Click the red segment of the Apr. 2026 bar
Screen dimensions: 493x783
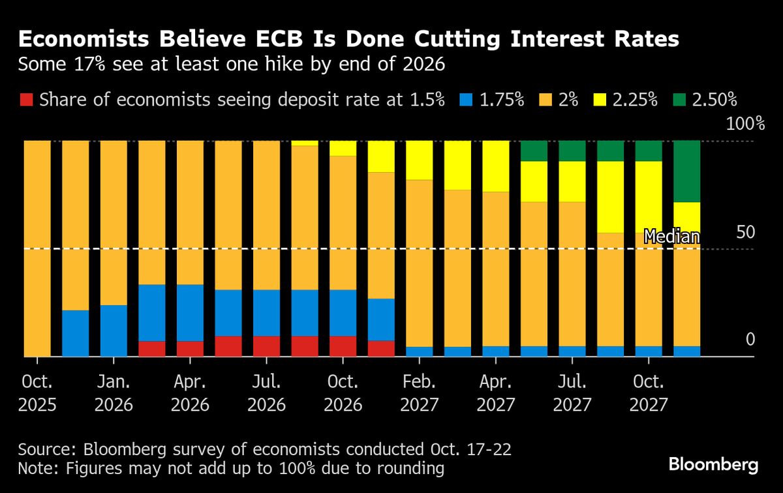pos(190,349)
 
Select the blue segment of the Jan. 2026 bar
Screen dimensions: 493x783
pos(114,331)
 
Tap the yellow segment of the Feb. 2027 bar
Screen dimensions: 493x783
pos(420,160)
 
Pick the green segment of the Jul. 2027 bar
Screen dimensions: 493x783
pos(572,151)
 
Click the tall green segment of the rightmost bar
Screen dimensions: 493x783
pos(686,172)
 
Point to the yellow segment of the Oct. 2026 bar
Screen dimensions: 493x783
pos(343,148)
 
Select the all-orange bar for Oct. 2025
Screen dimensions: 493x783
pos(37,248)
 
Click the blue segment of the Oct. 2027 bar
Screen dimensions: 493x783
pos(649,351)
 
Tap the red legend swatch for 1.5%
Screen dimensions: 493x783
pos(25,100)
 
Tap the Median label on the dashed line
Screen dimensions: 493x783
pos(671,237)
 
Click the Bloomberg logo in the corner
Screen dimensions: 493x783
pos(713,464)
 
